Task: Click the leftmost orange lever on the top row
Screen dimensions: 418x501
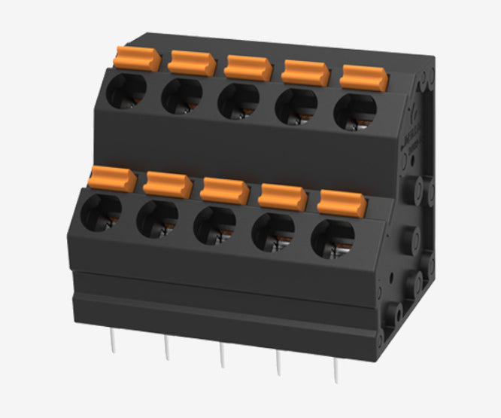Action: point(138,58)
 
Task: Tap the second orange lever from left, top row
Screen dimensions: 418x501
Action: point(192,63)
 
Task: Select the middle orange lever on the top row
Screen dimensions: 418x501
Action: point(248,67)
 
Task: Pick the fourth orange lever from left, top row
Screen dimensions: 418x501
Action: point(305,72)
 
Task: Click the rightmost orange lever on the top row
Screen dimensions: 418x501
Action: point(364,77)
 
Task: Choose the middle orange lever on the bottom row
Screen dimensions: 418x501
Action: point(224,190)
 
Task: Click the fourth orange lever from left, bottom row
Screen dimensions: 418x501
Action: point(282,196)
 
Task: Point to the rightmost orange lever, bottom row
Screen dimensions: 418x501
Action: point(342,202)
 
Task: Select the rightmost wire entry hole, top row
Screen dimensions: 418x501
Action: point(354,111)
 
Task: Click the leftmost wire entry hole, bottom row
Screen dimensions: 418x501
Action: point(100,212)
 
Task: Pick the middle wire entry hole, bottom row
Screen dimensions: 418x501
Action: point(214,224)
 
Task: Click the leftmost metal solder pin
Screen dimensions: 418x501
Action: point(112,342)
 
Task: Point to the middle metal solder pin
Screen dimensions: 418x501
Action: point(222,355)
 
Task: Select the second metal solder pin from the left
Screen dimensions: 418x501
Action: point(167,349)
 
